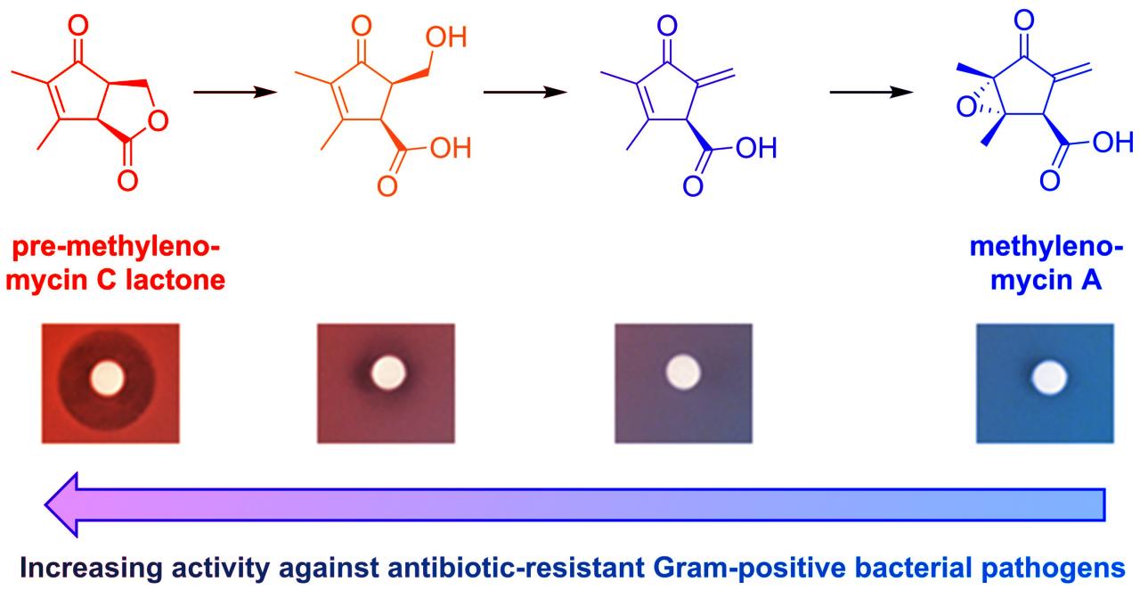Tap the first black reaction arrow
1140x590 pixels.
229,91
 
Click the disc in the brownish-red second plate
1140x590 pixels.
387,371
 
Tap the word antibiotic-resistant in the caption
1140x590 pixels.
435,567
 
